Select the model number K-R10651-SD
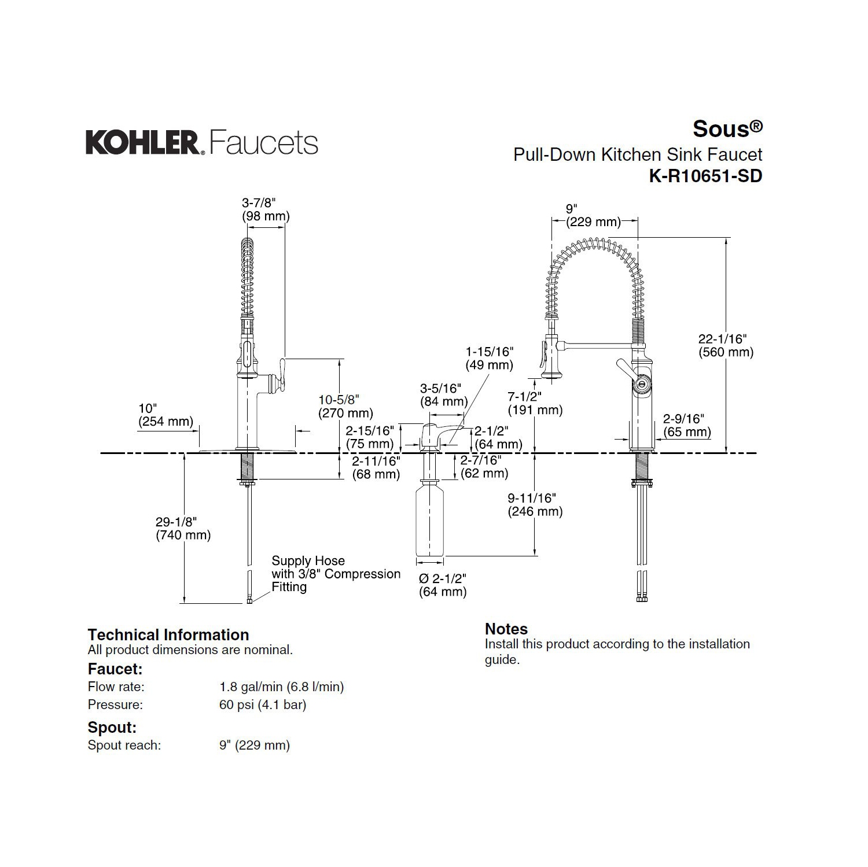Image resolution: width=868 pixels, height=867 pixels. point(705,176)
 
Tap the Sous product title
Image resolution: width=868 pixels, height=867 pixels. point(727,128)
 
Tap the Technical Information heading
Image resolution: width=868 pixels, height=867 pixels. point(168,634)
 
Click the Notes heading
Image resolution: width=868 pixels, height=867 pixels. point(506,629)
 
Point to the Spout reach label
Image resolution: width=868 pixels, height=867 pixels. point(124,745)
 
